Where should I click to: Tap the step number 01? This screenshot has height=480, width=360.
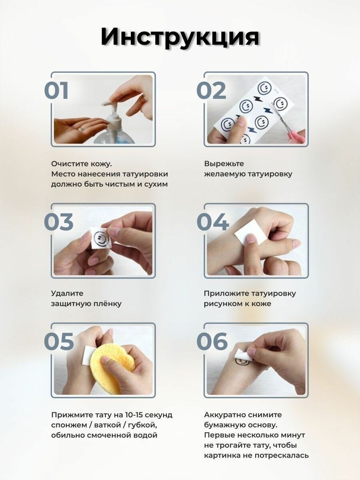[x=56, y=90]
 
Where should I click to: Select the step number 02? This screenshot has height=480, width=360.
[x=211, y=90]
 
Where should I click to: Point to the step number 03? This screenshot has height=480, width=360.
[x=58, y=222]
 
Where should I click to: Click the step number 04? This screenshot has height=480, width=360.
[x=213, y=222]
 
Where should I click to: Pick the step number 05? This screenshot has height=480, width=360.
[x=59, y=341]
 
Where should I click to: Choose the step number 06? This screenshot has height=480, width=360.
[x=212, y=341]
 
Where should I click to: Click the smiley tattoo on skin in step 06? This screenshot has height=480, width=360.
[x=242, y=362]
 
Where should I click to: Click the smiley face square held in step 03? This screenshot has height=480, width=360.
[x=101, y=238]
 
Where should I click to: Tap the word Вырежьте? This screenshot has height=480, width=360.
[x=224, y=164]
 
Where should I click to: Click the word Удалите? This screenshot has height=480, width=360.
[x=67, y=293]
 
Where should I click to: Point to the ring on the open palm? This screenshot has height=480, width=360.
[x=81, y=129]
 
